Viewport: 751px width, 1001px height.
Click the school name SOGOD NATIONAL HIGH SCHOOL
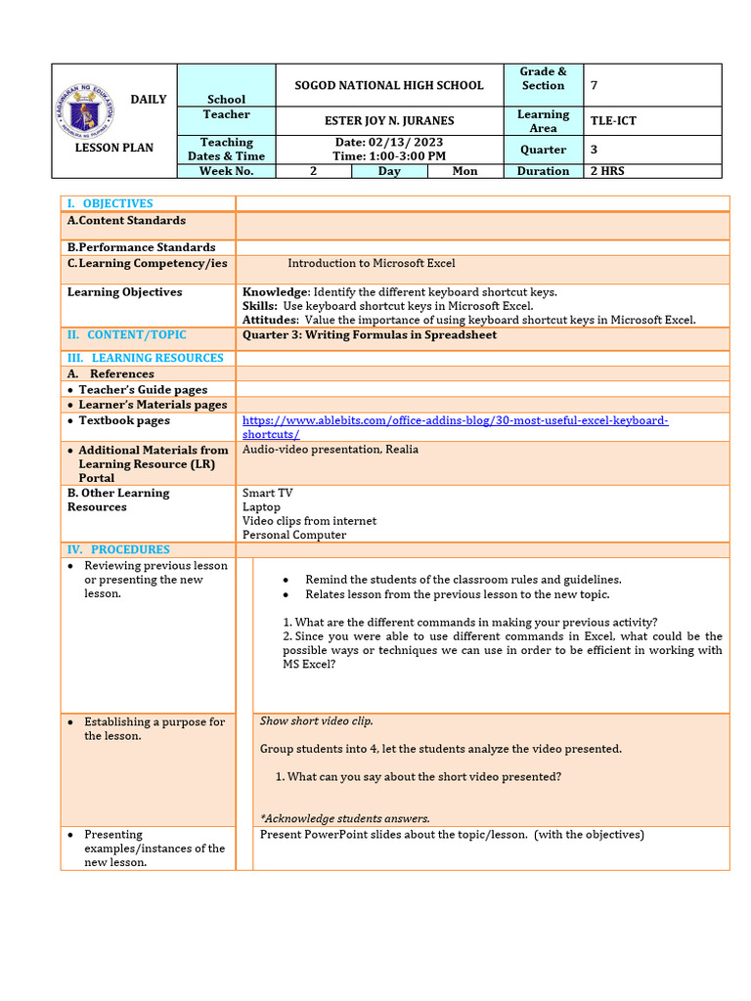coord(389,85)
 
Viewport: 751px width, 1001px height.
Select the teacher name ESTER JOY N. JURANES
coord(389,121)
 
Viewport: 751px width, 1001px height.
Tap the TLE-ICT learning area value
coord(613,121)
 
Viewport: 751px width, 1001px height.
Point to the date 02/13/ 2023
coord(389,143)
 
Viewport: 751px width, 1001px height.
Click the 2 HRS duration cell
coord(607,171)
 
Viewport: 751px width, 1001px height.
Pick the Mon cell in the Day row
coord(465,171)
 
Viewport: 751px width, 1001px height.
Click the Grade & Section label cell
coord(543,78)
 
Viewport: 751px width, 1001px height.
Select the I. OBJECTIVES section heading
coord(110,203)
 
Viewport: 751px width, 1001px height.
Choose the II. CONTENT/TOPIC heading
coord(126,334)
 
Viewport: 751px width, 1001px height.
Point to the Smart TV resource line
coord(267,494)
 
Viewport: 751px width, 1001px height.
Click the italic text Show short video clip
coord(316,721)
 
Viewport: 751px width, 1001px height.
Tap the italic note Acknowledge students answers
coord(345,818)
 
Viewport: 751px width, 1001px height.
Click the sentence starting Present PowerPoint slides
coord(452,835)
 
